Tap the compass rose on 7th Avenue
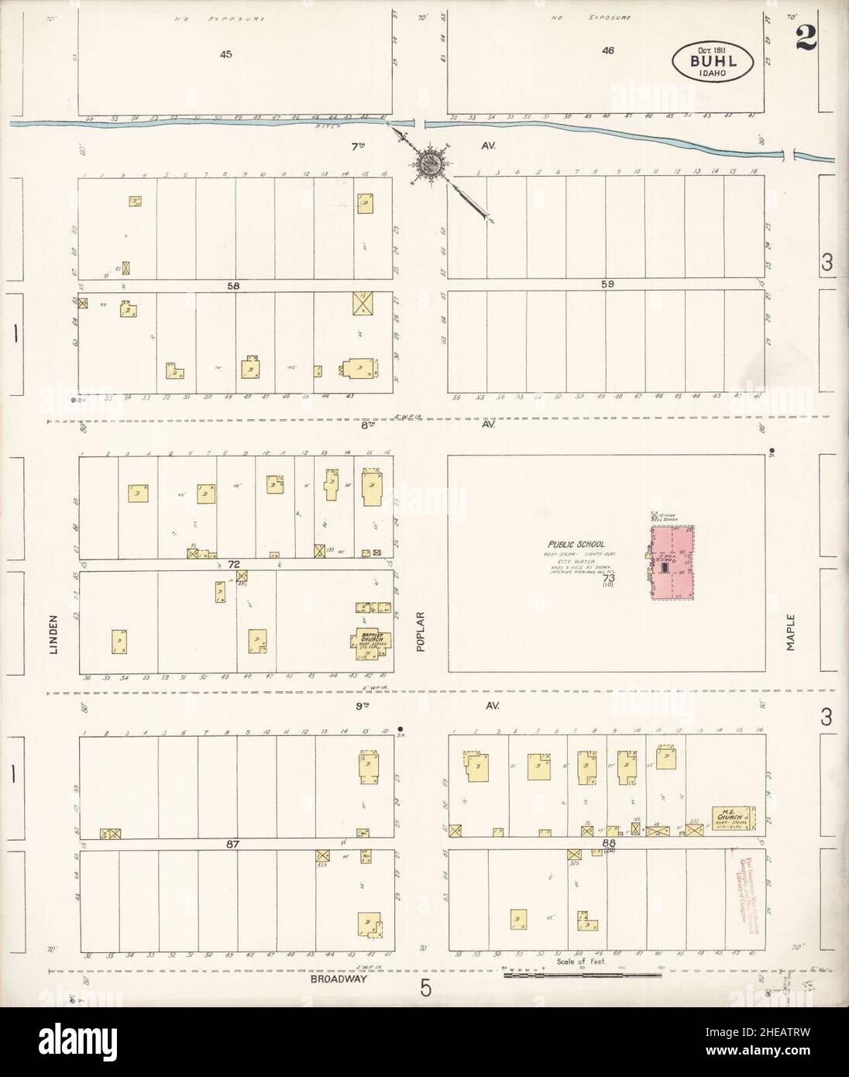point(430,162)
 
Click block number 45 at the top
point(225,54)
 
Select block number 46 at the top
point(608,51)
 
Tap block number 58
point(233,285)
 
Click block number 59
point(608,284)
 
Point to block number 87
point(234,843)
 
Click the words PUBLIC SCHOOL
point(574,545)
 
